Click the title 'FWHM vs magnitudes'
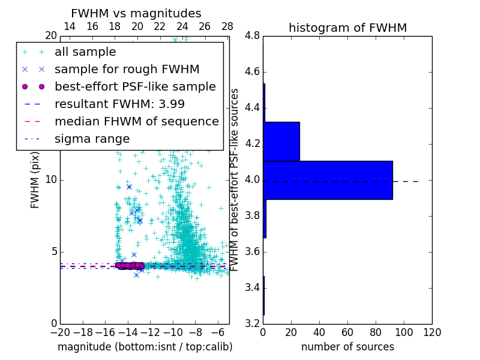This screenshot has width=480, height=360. (x=136, y=13)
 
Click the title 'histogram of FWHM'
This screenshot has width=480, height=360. (x=347, y=28)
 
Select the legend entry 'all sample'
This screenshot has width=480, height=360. (x=85, y=52)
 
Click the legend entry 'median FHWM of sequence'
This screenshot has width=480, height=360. (x=136, y=121)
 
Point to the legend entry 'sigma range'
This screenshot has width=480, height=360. (x=92, y=139)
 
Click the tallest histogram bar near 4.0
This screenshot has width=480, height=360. (x=328, y=180)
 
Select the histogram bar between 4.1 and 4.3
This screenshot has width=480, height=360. (x=281, y=141)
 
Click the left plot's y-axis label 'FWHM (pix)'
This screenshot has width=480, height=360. (x=35, y=179)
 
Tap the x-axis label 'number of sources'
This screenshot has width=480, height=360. (x=347, y=347)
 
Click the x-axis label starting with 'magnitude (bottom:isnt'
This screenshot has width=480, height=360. (x=145, y=347)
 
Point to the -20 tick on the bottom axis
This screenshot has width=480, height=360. (x=60, y=332)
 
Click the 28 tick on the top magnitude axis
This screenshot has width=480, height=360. (x=227, y=27)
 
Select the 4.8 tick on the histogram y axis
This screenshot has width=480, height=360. (x=253, y=36)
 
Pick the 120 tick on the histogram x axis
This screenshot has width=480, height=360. (x=432, y=332)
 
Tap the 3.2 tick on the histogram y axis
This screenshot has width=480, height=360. (x=253, y=323)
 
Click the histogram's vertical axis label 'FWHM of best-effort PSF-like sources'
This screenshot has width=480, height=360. (x=235, y=179)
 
